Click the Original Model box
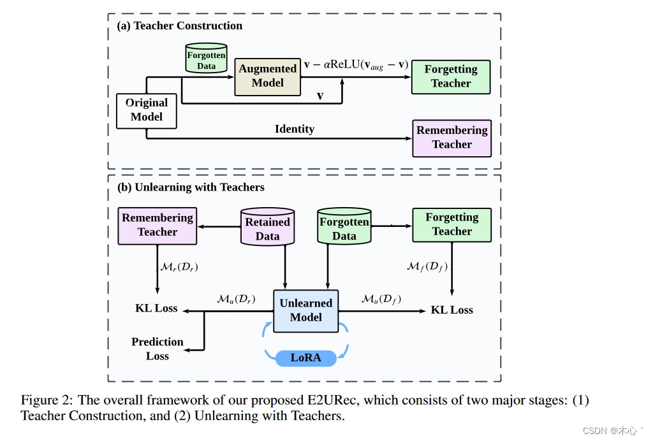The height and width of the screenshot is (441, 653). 147,110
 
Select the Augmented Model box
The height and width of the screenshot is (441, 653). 267,76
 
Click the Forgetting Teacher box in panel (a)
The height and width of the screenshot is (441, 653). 451,76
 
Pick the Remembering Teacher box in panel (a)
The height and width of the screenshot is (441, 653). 451,138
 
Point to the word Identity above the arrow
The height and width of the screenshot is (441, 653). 294,129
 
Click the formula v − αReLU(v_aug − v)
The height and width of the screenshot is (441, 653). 356,64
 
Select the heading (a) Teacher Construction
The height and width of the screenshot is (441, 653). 179,26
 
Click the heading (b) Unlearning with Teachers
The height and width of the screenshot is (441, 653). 190,187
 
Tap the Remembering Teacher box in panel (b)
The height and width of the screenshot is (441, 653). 158,225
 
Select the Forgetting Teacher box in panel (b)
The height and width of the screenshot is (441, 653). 451,224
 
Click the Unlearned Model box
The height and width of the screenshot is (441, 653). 305,310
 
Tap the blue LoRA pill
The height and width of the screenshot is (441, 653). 305,358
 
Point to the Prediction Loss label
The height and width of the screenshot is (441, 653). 157,349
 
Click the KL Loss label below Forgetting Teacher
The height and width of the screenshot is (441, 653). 451,310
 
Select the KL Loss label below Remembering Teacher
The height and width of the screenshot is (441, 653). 156,308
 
